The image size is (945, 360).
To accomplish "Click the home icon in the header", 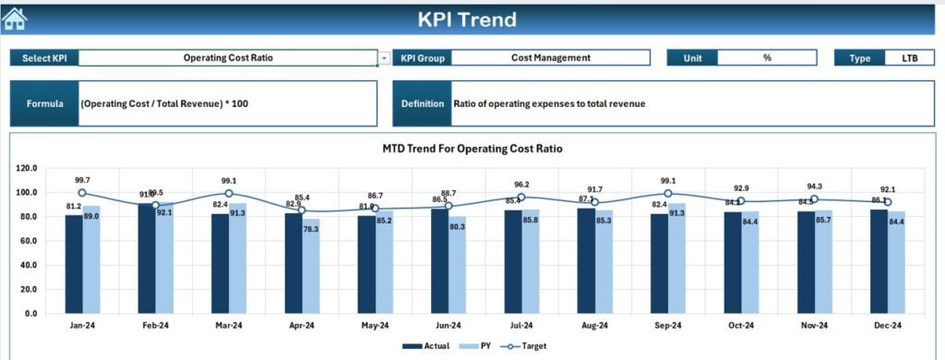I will (x=16, y=18).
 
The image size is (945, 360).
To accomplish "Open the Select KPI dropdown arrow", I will (x=384, y=58).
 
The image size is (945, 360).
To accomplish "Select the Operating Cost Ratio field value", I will (x=228, y=58).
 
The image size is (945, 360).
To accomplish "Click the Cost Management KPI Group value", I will (x=550, y=58).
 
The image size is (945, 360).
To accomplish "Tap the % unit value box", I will (x=766, y=58).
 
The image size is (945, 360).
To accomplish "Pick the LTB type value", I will (x=909, y=58).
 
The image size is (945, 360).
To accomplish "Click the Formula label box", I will (x=44, y=103).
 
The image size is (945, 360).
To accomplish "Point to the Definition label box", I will (x=422, y=103).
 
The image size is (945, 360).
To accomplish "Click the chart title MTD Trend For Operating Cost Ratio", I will (x=472, y=148).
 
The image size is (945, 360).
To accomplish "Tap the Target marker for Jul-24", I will (x=521, y=198).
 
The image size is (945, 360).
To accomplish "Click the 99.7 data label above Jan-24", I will (x=82, y=181).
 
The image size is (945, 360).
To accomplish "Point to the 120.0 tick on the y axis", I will (x=28, y=169).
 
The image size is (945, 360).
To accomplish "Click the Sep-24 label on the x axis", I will (x=667, y=326).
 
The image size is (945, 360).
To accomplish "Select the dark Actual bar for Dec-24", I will (x=879, y=261).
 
